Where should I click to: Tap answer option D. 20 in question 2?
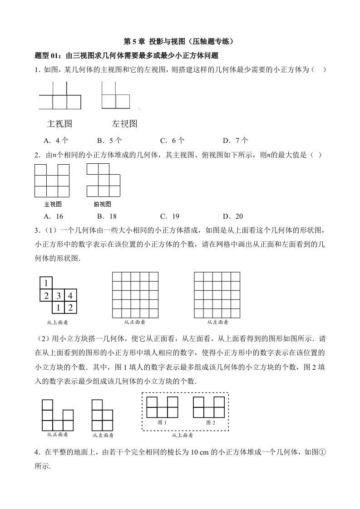click(233, 216)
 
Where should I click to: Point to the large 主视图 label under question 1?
click(59, 124)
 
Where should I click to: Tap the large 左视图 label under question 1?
click(124, 124)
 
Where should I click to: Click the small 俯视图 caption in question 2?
click(102, 204)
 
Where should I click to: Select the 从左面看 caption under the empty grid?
click(217, 322)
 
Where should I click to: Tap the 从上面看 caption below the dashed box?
click(182, 436)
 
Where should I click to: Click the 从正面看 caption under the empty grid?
click(135, 322)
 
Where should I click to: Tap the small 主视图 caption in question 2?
click(52, 204)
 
